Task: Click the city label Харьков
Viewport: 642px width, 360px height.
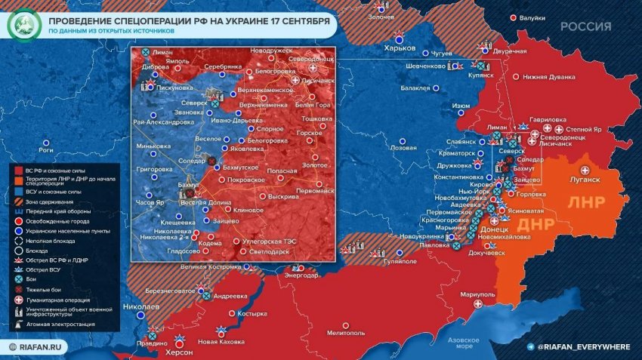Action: pyautogui.click(x=400, y=48)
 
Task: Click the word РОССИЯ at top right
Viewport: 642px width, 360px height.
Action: pyautogui.click(x=585, y=26)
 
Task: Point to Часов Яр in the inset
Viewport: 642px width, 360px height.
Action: pyautogui.click(x=149, y=203)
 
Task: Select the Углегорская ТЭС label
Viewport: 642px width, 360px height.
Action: pyautogui.click(x=269, y=242)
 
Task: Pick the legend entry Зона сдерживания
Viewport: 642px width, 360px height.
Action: pyautogui.click(x=51, y=202)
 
